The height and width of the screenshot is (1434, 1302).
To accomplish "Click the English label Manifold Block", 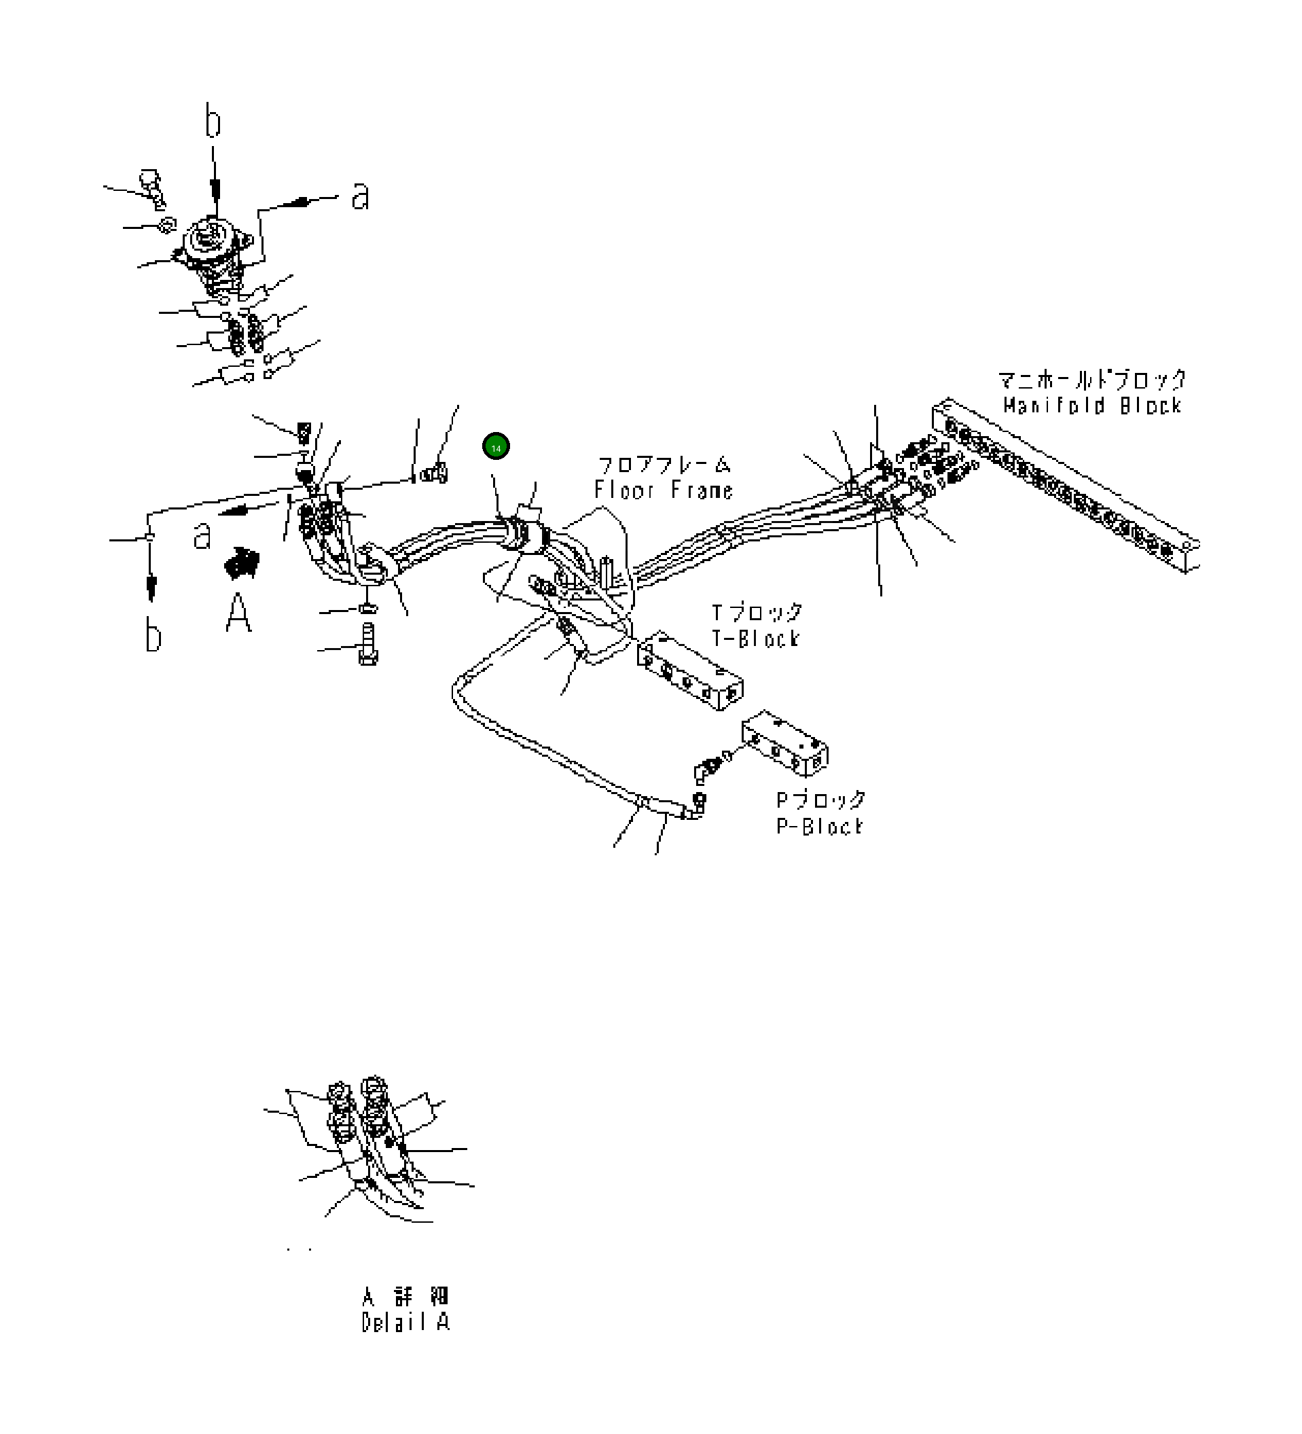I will [x=1092, y=406].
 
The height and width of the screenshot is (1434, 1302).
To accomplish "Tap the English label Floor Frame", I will [x=664, y=490].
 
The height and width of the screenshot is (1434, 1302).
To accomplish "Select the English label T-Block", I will [x=756, y=639].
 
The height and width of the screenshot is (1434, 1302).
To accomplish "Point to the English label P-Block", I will [x=820, y=827].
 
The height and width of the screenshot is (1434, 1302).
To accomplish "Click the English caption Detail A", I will [x=405, y=1323].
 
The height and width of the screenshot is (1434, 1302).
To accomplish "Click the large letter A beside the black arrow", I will [x=238, y=613].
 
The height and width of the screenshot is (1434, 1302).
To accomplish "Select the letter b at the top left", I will [x=213, y=121].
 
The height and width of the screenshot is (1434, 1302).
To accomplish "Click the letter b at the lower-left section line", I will [x=153, y=634].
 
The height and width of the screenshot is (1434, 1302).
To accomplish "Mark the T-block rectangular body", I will [x=690, y=670].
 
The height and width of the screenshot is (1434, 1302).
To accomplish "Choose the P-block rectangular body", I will [x=784, y=742].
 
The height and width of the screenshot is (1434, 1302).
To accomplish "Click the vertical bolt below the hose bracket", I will [x=367, y=644].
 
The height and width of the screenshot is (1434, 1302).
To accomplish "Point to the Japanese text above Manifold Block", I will [x=1092, y=380].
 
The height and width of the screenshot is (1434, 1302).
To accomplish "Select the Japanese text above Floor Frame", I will [x=664, y=466].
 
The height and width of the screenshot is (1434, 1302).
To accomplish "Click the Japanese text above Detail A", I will [x=405, y=1296].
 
